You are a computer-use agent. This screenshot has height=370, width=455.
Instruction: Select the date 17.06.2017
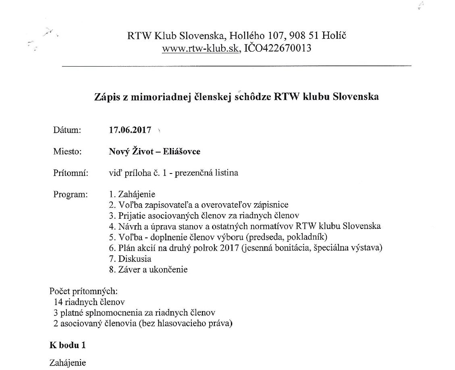tap(130, 130)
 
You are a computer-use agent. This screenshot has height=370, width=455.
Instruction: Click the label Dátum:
tap(67, 130)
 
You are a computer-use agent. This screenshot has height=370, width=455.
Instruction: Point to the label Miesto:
tap(67, 152)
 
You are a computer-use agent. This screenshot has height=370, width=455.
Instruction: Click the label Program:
tap(70, 194)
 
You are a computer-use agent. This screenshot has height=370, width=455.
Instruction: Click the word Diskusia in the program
tap(135, 259)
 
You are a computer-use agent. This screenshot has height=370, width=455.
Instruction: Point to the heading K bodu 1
tap(67, 345)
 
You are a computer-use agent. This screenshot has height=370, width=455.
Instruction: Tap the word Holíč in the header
tap(334, 36)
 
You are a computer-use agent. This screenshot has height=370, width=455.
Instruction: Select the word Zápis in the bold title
tap(106, 97)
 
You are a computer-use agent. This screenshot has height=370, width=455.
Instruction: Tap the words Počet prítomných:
tap(83, 291)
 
